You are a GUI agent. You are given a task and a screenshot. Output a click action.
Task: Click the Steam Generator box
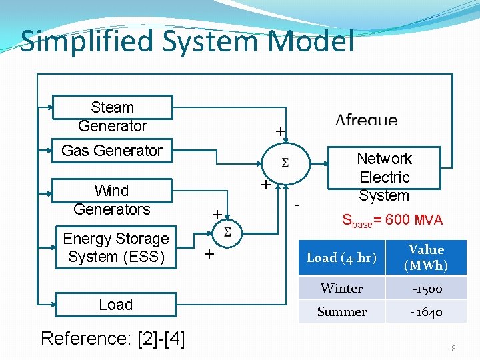[112, 117]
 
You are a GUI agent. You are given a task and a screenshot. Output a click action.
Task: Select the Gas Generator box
[112, 151]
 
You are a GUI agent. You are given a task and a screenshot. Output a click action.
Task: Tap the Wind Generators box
[112, 199]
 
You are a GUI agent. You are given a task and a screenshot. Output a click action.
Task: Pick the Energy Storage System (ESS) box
[116, 247]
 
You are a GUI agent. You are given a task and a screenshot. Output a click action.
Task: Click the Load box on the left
[116, 305]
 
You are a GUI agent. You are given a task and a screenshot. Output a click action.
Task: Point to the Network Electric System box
[384, 177]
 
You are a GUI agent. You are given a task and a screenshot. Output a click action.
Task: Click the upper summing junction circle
[285, 164]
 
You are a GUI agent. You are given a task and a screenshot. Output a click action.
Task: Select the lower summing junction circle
[227, 233]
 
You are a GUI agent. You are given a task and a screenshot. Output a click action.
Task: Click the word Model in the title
[311, 41]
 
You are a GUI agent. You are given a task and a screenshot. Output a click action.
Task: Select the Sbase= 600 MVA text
[392, 221]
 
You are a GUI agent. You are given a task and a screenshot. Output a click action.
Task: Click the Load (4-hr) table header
[341, 258]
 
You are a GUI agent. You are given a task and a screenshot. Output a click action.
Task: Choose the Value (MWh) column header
[426, 258]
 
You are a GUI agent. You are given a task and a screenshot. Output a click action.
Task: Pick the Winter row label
[341, 289]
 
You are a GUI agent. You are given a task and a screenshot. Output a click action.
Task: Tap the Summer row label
[341, 312]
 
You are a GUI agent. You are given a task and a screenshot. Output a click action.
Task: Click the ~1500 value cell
[426, 289]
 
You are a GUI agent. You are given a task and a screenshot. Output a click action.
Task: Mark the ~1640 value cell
[426, 312]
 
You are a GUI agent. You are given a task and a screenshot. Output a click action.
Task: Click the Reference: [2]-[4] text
[113, 339]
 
